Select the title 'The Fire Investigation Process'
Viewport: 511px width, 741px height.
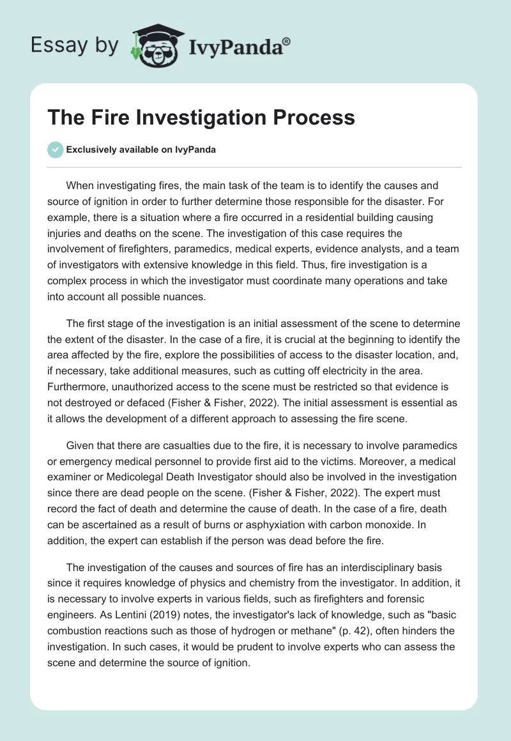tap(201, 118)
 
